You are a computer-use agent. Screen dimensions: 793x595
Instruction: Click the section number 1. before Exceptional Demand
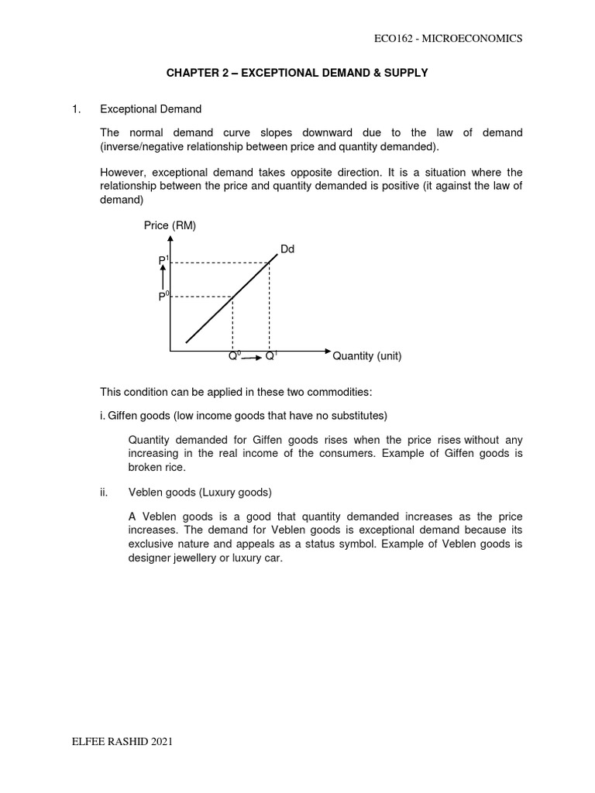pos(75,110)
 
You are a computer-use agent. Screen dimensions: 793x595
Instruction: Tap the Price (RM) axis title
pos(170,226)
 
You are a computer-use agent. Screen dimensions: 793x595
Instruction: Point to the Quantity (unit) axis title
pos(367,357)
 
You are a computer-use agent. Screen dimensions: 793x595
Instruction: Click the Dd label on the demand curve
pos(287,249)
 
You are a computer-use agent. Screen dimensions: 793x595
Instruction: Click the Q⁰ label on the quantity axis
pos(233,357)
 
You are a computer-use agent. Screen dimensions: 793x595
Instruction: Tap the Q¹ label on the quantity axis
pos(270,357)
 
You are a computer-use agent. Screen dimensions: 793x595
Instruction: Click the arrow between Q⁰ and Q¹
pos(252,357)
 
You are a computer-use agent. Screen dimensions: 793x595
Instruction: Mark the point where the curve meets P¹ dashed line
pos(269,263)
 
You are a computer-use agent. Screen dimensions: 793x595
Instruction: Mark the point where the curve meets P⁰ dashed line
pos(233,297)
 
